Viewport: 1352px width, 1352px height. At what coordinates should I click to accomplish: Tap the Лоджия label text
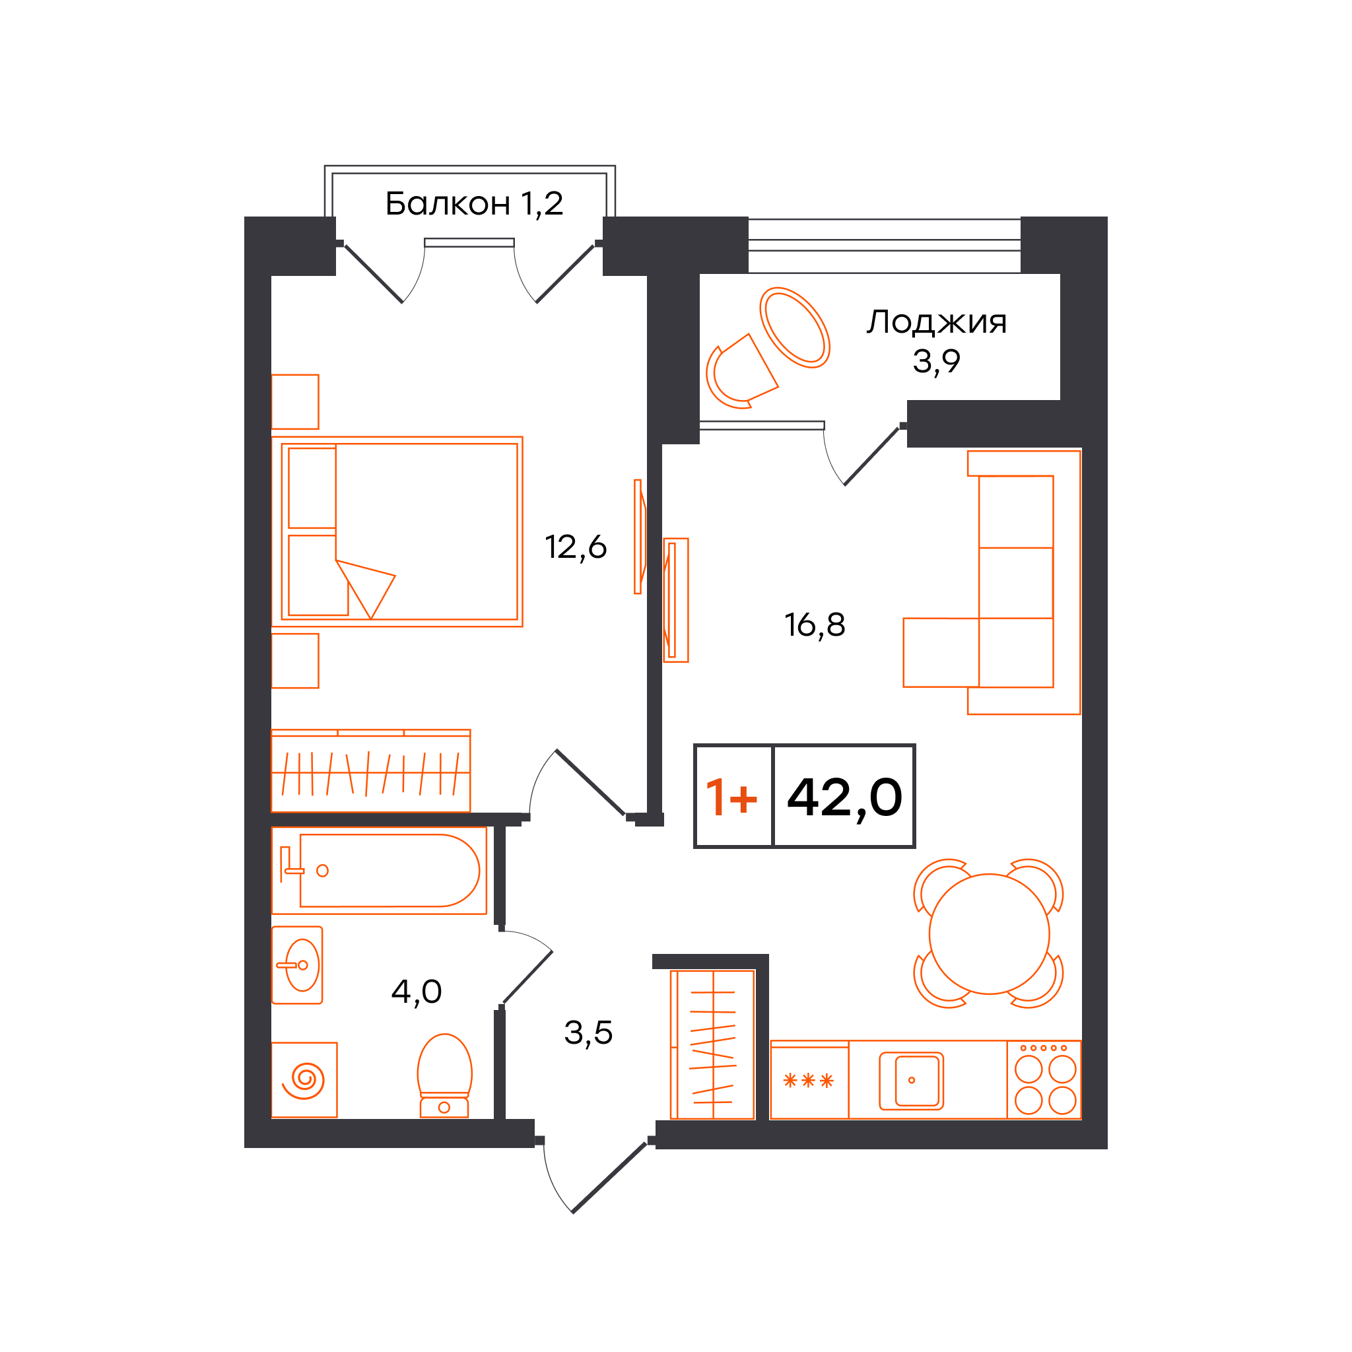click(x=937, y=323)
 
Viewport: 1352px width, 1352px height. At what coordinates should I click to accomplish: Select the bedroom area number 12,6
click(x=575, y=547)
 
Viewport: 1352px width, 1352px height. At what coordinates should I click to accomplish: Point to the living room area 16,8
click(x=815, y=625)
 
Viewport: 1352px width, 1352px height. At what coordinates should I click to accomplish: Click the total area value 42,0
click(x=844, y=797)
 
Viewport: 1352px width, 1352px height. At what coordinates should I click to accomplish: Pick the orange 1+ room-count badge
click(x=731, y=797)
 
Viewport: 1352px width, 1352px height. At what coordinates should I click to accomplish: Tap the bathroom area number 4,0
click(x=417, y=992)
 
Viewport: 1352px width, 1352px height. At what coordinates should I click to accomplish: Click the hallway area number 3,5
click(x=588, y=1033)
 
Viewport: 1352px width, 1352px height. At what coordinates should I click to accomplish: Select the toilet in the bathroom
click(x=444, y=1075)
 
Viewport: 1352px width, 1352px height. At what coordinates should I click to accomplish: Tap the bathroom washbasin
click(x=298, y=966)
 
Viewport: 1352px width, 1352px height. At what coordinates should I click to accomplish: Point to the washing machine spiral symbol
click(x=304, y=1080)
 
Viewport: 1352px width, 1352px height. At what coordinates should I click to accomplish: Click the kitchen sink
click(x=912, y=1081)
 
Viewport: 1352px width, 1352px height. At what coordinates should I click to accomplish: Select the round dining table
click(x=990, y=934)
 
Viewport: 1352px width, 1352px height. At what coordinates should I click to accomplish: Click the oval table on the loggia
click(x=795, y=327)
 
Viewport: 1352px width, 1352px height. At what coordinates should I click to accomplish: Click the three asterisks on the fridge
click(x=809, y=1081)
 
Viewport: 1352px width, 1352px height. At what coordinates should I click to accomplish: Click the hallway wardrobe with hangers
click(x=713, y=1045)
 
